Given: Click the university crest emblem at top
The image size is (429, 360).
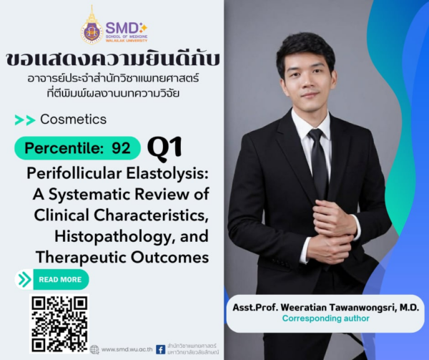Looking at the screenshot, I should [x=92, y=27].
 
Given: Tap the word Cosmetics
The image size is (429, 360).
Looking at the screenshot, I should [x=74, y=120].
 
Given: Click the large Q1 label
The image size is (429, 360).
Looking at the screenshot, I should [x=164, y=148].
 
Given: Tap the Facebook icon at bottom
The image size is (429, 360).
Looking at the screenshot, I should [x=160, y=349].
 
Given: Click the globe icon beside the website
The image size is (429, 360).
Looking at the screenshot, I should [x=94, y=349].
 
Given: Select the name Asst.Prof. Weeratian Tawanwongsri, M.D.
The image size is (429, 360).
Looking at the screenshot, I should [x=327, y=306].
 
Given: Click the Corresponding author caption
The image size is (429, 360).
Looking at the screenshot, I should [x=326, y=318].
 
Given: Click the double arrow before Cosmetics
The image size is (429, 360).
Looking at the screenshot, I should [x=25, y=120].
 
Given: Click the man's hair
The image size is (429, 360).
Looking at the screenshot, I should [x=305, y=46].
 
